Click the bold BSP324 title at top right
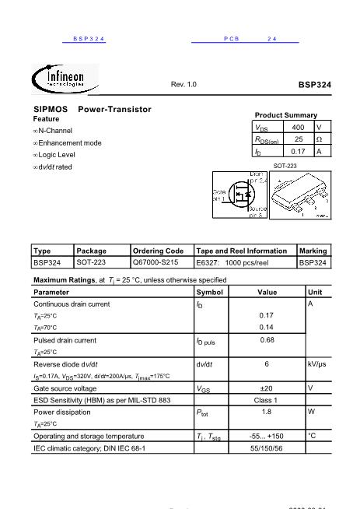pos(314,84)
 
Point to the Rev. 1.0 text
pos(183,84)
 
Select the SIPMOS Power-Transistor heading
pos(92,110)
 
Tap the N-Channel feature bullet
pos(54,131)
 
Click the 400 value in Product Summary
pos(298,127)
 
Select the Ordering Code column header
pos(158,251)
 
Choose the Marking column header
pos(313,251)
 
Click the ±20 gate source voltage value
pos(267,388)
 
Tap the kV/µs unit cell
pos(316,363)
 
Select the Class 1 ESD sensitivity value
pos(267,400)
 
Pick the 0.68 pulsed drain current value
pos(267,339)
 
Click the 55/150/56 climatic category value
pos(267,448)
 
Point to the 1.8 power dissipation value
pos(267,412)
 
